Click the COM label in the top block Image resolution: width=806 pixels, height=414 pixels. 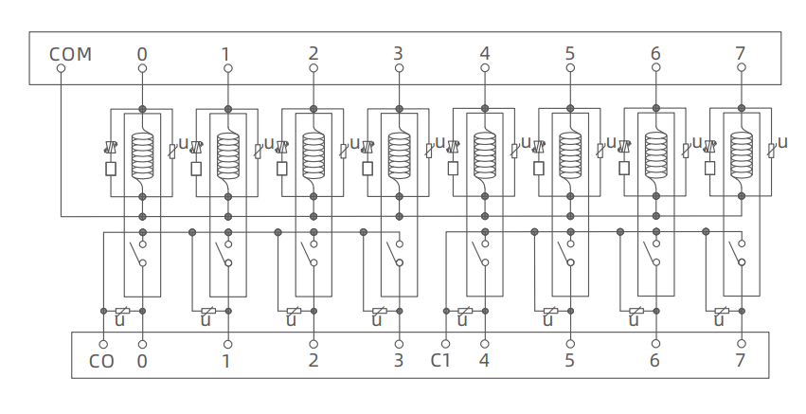pyautogui.click(x=70, y=54)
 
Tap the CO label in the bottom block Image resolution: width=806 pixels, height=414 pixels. pyautogui.click(x=101, y=361)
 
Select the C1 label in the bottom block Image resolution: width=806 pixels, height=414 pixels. pyautogui.click(x=441, y=361)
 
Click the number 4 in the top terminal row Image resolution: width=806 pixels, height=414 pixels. pyautogui.click(x=485, y=54)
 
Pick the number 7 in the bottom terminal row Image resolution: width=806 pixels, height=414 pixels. pyautogui.click(x=741, y=361)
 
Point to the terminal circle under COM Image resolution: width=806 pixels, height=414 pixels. pyautogui.click(x=61, y=68)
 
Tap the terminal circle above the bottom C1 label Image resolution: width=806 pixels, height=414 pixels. pyautogui.click(x=445, y=343)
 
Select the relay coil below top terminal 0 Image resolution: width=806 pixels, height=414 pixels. pyautogui.click(x=142, y=154)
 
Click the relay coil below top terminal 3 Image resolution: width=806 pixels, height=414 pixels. pyautogui.click(x=399, y=154)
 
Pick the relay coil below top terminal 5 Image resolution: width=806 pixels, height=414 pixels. pyautogui.click(x=570, y=154)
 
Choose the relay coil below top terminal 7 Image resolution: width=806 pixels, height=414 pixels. pyautogui.click(x=741, y=154)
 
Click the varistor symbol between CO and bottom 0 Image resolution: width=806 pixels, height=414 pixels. pyautogui.click(x=122, y=311)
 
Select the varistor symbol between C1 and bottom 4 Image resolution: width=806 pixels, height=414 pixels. pyautogui.click(x=465, y=311)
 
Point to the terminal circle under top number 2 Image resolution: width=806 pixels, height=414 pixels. pyautogui.click(x=313, y=68)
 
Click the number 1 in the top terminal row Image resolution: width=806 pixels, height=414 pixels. pyautogui.click(x=226, y=54)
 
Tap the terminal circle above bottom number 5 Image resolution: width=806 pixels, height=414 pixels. pyautogui.click(x=570, y=343)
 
